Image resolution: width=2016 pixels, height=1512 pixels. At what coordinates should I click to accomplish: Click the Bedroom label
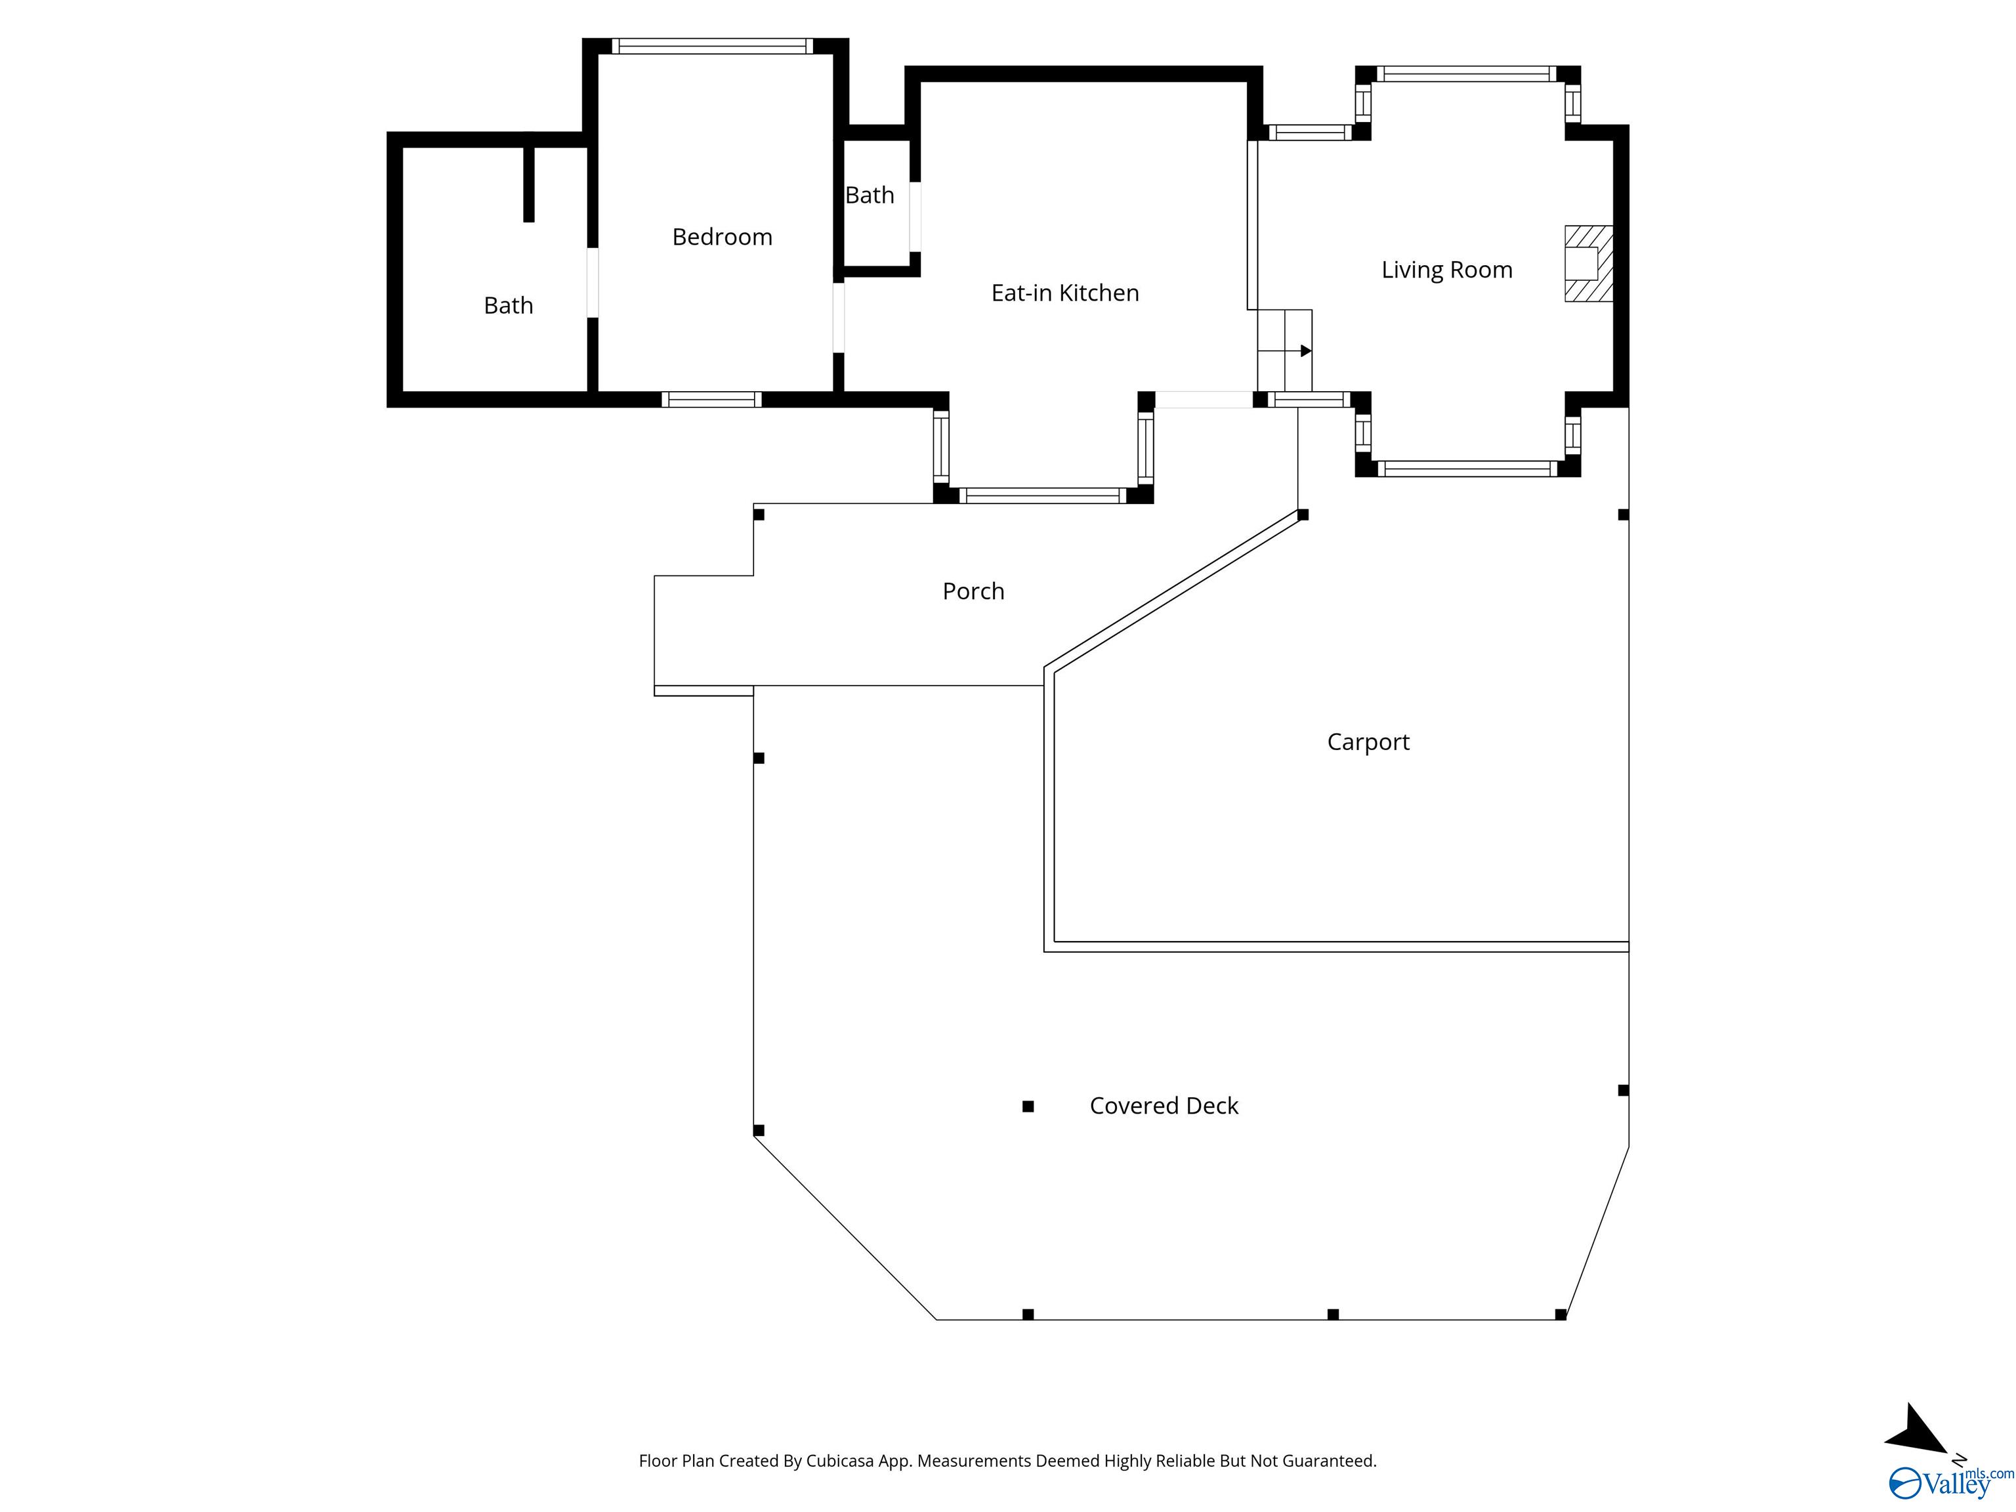pos(722,237)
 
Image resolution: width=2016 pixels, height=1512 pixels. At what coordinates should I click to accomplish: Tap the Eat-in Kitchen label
pos(1064,293)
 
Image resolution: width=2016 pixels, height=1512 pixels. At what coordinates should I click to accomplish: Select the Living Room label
pos(1446,270)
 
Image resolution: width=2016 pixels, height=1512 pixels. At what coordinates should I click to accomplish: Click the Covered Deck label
pos(1164,1106)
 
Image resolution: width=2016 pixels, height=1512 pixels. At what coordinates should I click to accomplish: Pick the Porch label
pos(973,591)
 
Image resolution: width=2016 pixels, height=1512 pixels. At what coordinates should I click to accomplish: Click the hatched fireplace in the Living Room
pos(1589,263)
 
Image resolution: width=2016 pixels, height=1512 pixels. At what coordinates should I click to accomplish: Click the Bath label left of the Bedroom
pos(508,305)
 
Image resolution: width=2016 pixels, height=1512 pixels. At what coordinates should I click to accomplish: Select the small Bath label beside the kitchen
pos(870,195)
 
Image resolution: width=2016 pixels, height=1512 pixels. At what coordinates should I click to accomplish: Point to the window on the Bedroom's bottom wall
pos(711,399)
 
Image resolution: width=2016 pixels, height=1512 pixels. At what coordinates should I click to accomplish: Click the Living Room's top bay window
pos(1467,73)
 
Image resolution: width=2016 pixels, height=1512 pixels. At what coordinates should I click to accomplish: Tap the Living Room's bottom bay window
pos(1467,469)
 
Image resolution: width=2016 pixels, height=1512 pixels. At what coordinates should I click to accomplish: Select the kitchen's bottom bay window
pos(1043,496)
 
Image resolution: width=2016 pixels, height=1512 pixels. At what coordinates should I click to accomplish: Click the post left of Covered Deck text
pos(1028,1106)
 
